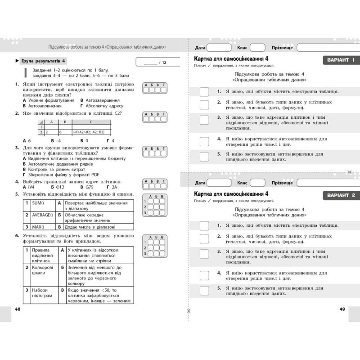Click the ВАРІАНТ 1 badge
coord(341,60)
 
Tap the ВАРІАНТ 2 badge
coord(341,195)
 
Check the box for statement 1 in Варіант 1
coord(204,92)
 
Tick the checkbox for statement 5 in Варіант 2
coord(204,291)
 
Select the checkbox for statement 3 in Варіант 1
coord(204,120)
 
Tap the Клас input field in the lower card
coord(257,183)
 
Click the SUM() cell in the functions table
coord(42,203)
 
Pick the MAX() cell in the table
coord(42,227)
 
